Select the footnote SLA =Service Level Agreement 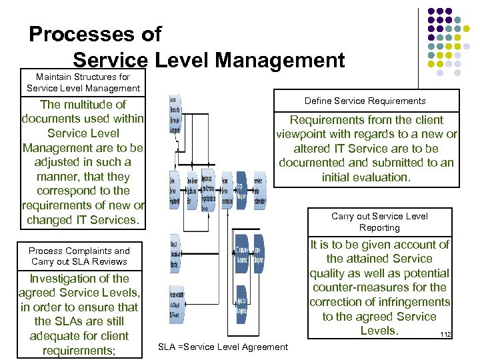[x=223, y=347]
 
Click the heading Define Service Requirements [x=365, y=101]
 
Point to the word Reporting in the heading [x=379, y=227]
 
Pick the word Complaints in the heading [x=88, y=251]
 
